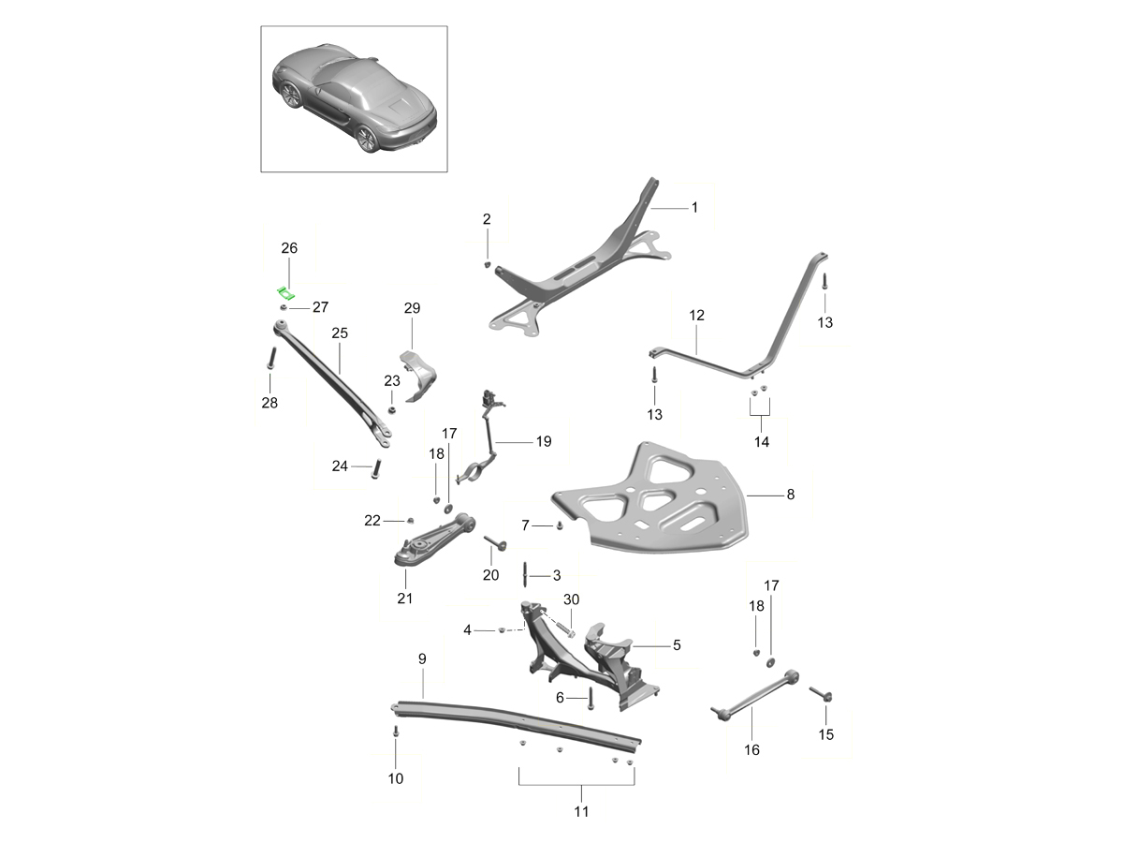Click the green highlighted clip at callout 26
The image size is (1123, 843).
click(x=286, y=293)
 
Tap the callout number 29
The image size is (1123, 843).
click(x=412, y=308)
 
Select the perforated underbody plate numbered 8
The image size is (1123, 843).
click(x=649, y=500)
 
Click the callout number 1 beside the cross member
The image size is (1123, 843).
click(x=694, y=207)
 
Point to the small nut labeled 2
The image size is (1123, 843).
click(x=487, y=264)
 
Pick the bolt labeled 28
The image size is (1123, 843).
click(x=270, y=358)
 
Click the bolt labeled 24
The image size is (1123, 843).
click(x=376, y=468)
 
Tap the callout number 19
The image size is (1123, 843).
click(x=544, y=441)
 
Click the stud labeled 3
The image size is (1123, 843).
click(x=525, y=575)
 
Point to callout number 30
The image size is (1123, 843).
click(x=571, y=599)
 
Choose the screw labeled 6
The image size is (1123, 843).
click(x=591, y=698)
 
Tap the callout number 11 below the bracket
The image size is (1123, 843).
click(x=581, y=811)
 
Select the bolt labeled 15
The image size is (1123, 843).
click(x=821, y=693)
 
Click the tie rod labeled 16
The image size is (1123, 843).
click(x=755, y=695)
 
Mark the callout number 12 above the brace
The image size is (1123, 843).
click(x=696, y=316)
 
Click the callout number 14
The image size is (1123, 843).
click(x=761, y=442)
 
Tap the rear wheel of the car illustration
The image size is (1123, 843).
click(x=367, y=139)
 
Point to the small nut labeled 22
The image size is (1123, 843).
click(x=410, y=521)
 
